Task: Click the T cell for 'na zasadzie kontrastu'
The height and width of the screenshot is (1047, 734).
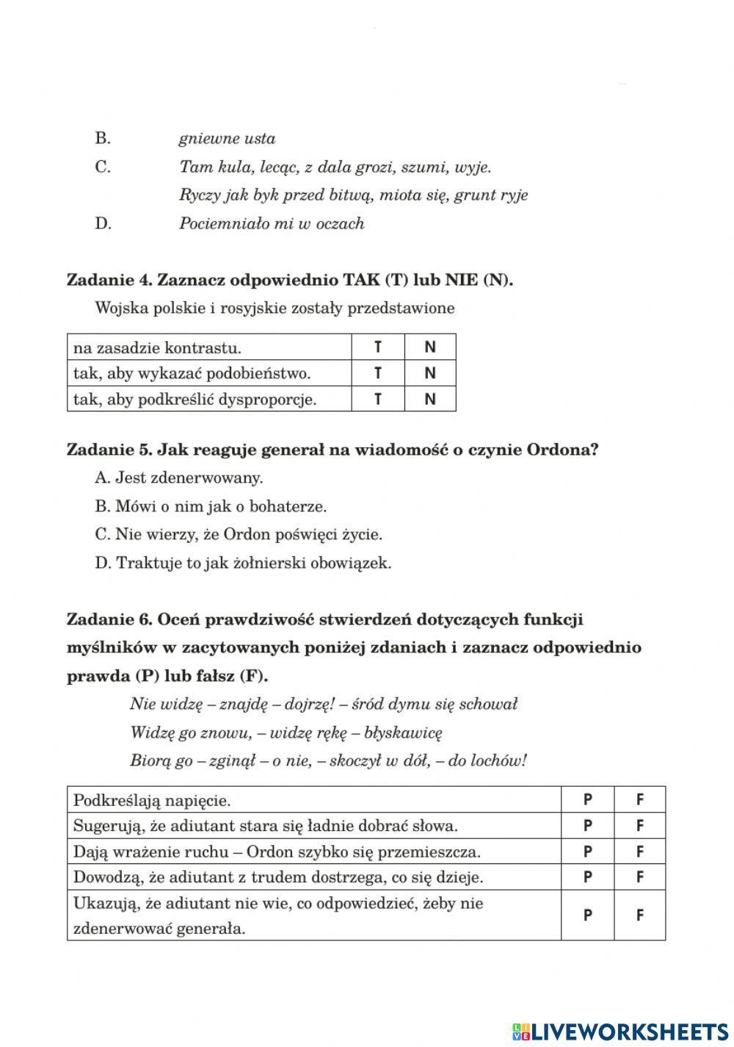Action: click(378, 348)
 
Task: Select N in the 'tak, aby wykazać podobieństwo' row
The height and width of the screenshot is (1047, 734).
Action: click(430, 373)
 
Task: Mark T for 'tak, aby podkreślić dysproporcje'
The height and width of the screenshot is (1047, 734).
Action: click(378, 399)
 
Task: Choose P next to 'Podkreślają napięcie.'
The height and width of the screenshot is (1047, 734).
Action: click(587, 800)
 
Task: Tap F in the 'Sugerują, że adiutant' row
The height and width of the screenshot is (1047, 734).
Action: click(640, 826)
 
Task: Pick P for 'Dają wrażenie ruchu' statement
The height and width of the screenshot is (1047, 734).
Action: click(587, 852)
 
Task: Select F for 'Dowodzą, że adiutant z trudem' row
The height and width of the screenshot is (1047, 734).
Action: click(640, 877)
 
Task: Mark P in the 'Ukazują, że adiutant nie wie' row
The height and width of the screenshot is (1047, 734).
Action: click(587, 915)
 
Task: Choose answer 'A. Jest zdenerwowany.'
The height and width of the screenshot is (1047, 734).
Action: click(179, 478)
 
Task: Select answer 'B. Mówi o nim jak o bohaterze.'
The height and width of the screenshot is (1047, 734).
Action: click(211, 506)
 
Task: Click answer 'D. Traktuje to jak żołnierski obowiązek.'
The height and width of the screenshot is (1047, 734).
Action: click(243, 564)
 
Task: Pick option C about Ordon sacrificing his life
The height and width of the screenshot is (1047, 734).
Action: click(239, 535)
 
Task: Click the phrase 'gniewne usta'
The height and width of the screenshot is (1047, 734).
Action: click(227, 139)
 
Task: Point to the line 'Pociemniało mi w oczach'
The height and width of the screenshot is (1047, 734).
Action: click(272, 223)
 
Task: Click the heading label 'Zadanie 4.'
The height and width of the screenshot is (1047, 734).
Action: click(109, 280)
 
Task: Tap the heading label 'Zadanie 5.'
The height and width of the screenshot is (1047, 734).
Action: click(109, 450)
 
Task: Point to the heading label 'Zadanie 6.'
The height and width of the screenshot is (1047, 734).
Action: click(109, 619)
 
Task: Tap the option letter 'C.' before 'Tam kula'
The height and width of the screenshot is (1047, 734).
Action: click(103, 167)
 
